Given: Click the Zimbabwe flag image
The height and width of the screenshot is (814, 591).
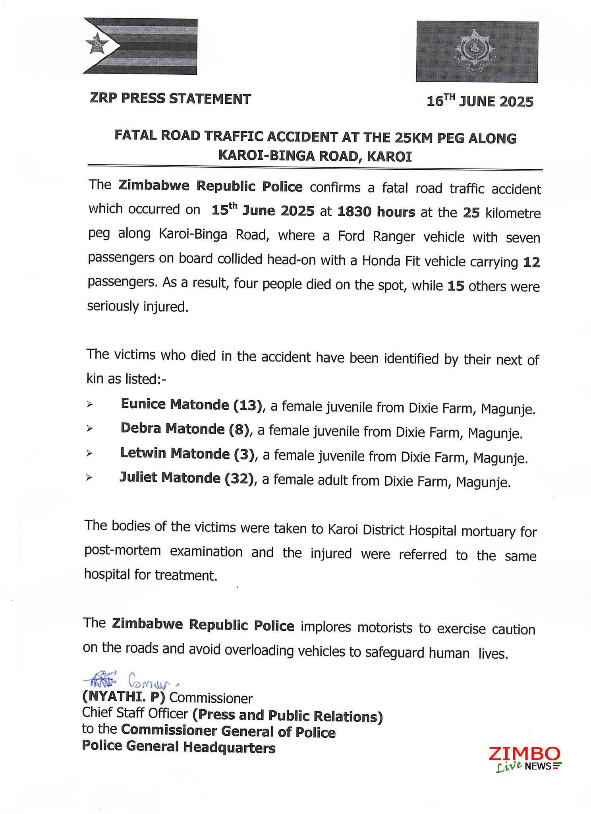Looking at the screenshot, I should click(x=140, y=46).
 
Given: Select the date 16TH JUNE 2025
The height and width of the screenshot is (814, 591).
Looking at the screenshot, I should click(x=480, y=102).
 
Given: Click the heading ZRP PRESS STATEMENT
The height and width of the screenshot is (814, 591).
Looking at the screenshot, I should click(x=170, y=99).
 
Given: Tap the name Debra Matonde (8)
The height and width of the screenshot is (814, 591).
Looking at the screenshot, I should click(x=185, y=429).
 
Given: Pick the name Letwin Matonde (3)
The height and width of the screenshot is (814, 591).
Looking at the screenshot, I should click(x=187, y=454).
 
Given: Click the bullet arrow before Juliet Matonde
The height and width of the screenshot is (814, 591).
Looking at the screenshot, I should click(x=89, y=478).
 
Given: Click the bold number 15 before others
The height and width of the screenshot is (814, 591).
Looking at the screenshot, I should click(x=456, y=286).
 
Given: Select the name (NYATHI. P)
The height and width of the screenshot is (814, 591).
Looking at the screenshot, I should click(x=124, y=698).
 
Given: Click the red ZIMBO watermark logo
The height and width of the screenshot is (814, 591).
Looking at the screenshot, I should click(x=524, y=754).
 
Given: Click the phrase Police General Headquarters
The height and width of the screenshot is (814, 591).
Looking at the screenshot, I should click(x=178, y=747).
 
